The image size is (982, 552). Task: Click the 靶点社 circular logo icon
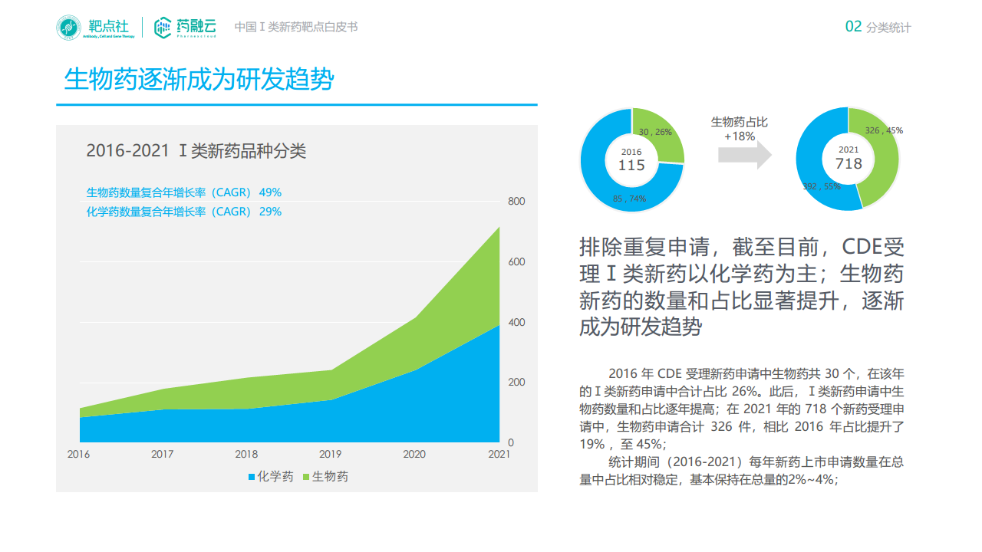click(68, 28)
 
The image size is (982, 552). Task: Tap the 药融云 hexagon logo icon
click(163, 28)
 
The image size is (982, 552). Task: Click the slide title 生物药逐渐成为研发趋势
click(199, 80)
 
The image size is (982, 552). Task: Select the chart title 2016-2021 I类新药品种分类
click(196, 151)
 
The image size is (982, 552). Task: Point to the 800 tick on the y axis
click(516, 202)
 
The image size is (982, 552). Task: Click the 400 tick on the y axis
click(516, 322)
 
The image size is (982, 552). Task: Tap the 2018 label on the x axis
click(246, 455)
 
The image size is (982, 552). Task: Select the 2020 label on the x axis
click(414, 455)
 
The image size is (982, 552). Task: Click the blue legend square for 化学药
click(251, 477)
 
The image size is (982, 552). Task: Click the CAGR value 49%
click(270, 192)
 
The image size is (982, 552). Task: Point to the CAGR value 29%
click(270, 212)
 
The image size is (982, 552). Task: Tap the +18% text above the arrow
click(740, 136)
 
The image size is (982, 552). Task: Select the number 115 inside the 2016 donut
click(631, 165)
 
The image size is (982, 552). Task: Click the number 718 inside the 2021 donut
click(849, 163)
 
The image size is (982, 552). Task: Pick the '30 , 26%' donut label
click(655, 132)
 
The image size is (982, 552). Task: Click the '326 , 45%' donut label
click(884, 130)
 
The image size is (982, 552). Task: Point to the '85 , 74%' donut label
click(629, 199)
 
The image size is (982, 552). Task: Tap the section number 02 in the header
click(853, 27)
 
